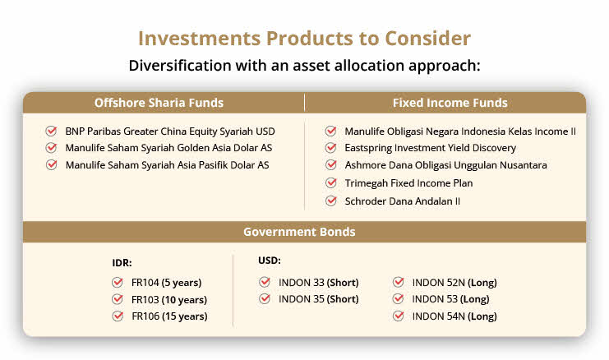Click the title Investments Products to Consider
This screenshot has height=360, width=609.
[x=304, y=38]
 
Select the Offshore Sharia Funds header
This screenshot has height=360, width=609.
[x=159, y=103]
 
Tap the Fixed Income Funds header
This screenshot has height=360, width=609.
[x=450, y=103]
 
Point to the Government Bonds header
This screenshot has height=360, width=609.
[x=299, y=232]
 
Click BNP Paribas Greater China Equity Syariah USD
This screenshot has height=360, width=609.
[x=170, y=132]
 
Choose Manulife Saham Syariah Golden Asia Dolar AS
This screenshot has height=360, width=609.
[x=168, y=148]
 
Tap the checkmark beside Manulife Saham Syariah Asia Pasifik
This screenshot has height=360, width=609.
[x=51, y=164]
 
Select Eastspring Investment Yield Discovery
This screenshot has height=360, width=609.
[x=431, y=148]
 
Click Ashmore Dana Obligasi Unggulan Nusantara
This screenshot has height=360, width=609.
[x=446, y=165]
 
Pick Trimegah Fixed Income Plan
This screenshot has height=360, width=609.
[x=408, y=183]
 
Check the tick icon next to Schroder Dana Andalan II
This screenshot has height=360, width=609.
[x=331, y=201]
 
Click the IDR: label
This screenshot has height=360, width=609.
[x=122, y=263]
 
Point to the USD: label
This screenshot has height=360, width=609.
[x=270, y=261]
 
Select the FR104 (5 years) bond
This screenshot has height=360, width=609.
[x=167, y=283]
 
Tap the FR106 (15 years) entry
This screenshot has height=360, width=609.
[x=169, y=316]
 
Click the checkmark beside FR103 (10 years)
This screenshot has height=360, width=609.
[x=118, y=299]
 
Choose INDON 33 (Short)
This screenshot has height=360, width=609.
[x=319, y=283]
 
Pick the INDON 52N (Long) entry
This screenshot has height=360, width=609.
[x=454, y=283]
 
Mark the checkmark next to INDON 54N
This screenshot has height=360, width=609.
[x=399, y=316]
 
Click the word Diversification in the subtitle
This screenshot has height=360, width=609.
[x=180, y=65]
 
